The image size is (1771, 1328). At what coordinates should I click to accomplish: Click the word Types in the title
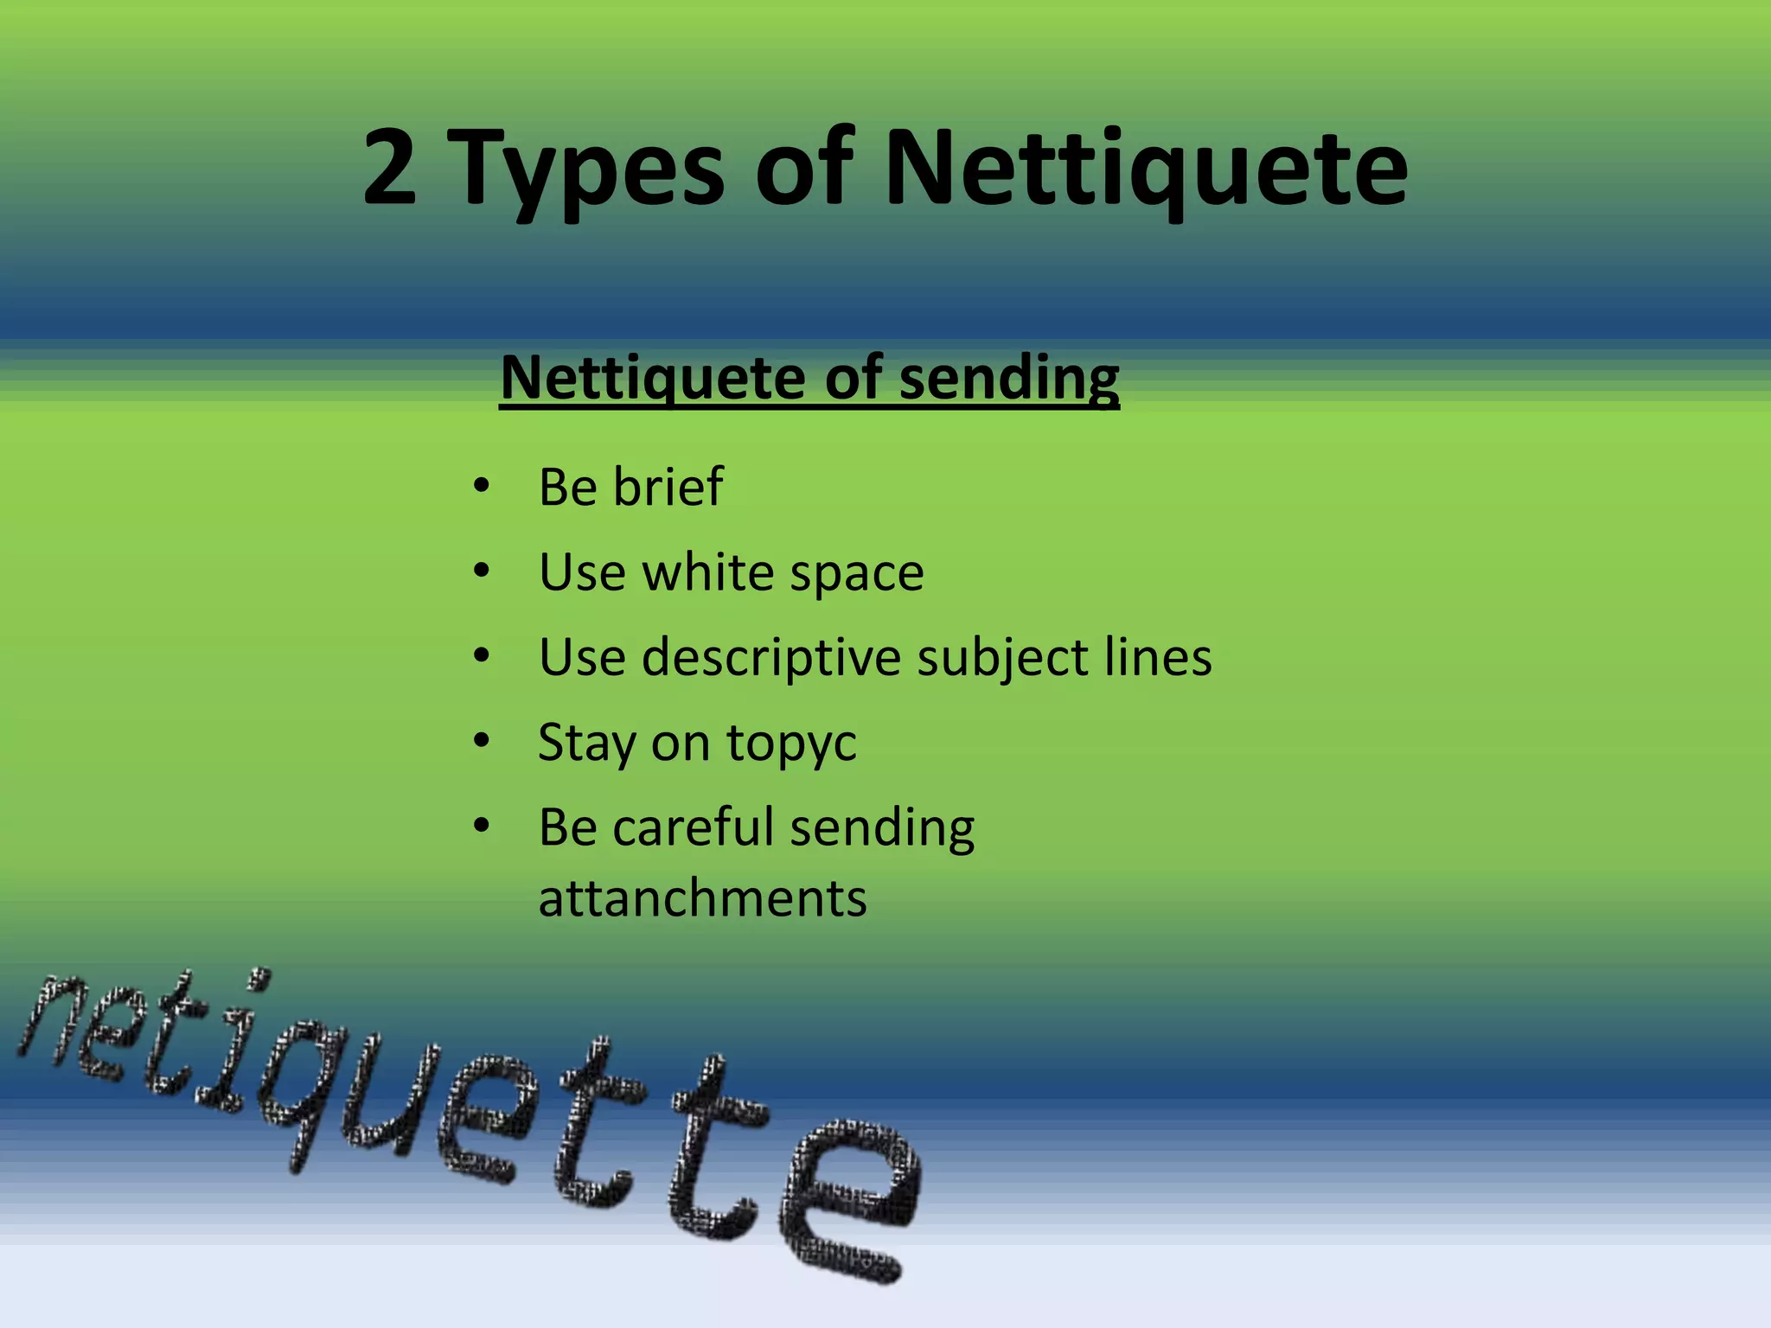(x=588, y=173)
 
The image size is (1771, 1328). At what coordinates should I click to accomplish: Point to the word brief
(x=668, y=486)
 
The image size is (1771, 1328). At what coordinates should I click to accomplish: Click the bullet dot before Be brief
(x=482, y=486)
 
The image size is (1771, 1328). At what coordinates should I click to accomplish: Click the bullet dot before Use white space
(x=482, y=571)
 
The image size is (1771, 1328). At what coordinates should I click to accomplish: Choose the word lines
(x=1158, y=657)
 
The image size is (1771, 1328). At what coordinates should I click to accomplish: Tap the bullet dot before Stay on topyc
(x=482, y=741)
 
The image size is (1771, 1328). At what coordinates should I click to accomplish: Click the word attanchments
(x=702, y=898)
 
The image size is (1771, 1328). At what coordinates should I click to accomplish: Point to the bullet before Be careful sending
(x=482, y=826)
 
